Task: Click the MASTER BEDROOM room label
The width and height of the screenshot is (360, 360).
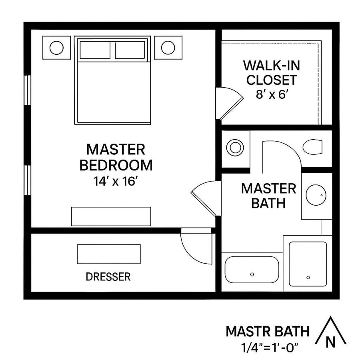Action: coord(116,157)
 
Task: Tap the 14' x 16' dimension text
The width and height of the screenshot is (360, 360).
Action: coord(116,181)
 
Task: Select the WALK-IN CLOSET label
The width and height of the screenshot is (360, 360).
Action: coord(272,72)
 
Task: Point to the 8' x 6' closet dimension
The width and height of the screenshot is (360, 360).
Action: coord(272,94)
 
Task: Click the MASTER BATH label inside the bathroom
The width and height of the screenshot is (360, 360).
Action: coord(268,196)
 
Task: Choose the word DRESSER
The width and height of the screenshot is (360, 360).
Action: coord(108,276)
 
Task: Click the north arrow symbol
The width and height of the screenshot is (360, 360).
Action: coord(330,332)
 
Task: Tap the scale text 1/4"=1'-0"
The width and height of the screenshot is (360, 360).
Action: coord(268,348)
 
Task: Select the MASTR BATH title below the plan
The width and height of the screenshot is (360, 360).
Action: coord(268,331)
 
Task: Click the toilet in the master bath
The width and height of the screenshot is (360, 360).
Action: coord(312,147)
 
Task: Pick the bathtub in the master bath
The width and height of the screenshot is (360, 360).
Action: coord(252,269)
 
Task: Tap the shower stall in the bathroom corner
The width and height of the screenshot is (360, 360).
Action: coord(308,264)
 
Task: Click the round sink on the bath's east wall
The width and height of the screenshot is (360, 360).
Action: coord(316,195)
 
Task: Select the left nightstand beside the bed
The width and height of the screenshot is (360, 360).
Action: coord(56,48)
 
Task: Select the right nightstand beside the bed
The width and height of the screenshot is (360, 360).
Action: coord(168,48)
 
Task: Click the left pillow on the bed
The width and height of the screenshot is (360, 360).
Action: coord(95,50)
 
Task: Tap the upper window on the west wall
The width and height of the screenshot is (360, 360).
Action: coord(27,90)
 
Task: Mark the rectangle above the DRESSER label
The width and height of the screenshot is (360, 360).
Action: coord(109,254)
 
